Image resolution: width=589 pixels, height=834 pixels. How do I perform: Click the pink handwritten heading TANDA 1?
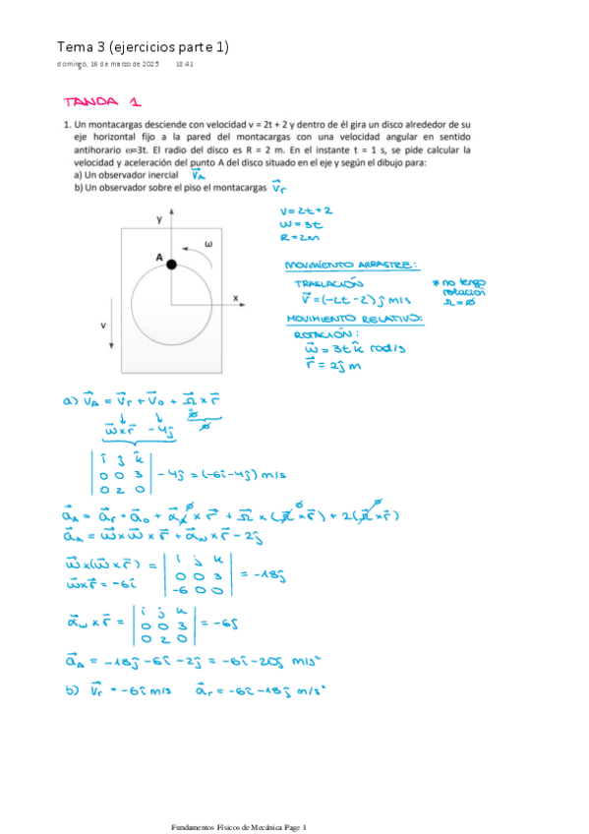coord(102,102)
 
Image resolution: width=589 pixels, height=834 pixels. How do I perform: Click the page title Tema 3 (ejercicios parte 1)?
coord(143,46)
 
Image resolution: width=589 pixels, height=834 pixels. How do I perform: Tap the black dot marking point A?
coord(171,265)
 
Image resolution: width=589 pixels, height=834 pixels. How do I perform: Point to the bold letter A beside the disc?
coord(157,256)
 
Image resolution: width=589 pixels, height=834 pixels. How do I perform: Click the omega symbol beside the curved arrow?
coord(207,244)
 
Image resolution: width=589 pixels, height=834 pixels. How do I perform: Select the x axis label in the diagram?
coord(236,296)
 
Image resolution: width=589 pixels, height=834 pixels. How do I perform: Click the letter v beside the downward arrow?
coord(103,323)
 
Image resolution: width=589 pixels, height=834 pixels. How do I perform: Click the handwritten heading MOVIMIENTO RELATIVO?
coord(354,319)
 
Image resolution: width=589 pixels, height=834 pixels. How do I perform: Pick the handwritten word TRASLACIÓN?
coord(327,281)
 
